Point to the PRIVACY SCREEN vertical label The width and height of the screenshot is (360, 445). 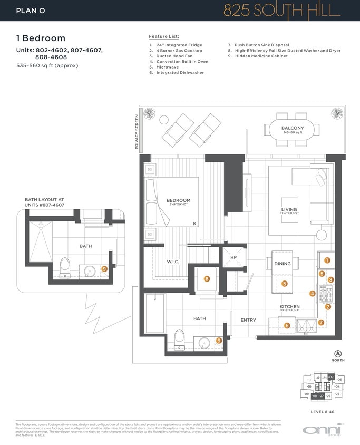[x=137, y=132]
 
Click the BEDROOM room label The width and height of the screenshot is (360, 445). [x=178, y=201]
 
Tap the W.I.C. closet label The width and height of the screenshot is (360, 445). [x=174, y=261]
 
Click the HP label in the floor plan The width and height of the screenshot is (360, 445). [x=233, y=257]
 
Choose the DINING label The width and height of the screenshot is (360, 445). [x=283, y=264]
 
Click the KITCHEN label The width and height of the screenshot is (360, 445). [x=289, y=306]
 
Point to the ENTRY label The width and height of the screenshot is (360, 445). [x=248, y=320]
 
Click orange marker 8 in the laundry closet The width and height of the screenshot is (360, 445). [x=207, y=279]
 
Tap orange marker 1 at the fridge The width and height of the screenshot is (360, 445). [x=327, y=260]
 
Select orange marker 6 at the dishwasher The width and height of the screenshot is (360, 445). [x=287, y=325]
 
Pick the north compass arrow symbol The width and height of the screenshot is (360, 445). [x=338, y=353]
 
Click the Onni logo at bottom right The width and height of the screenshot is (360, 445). [x=322, y=429]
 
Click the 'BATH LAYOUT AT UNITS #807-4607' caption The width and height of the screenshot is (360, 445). [x=44, y=202]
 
